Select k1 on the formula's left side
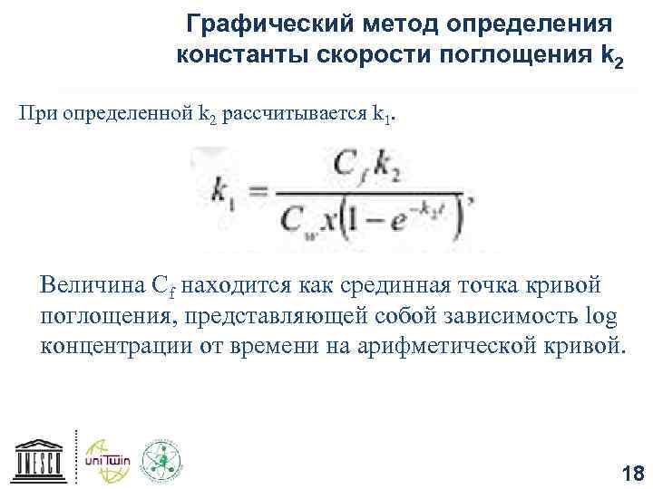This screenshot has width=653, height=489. pyautogui.click(x=220, y=191)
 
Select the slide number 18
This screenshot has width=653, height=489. pyautogui.click(x=630, y=472)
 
